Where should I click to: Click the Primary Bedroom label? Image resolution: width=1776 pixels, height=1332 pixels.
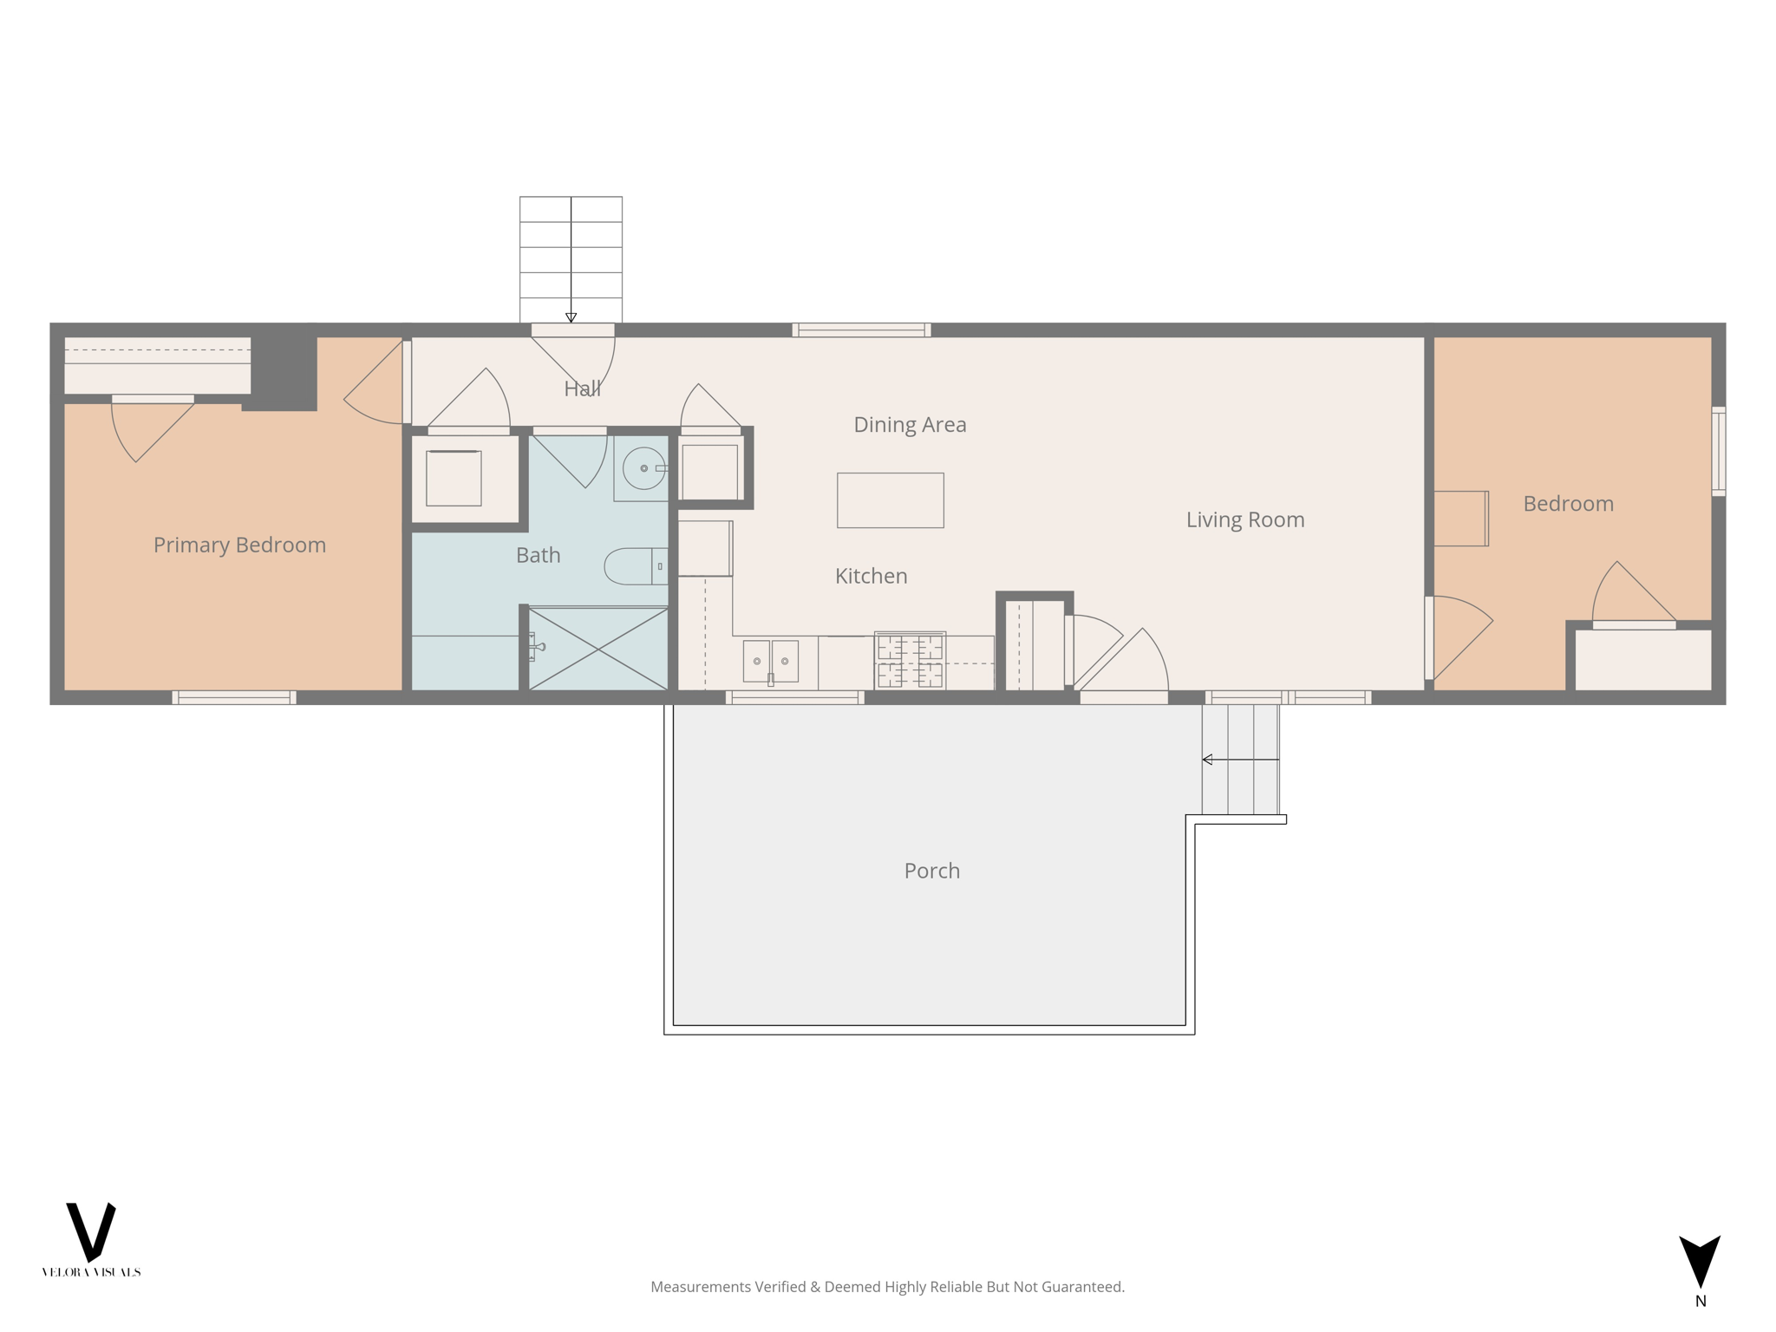(x=239, y=545)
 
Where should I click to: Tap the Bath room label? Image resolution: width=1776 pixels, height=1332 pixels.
(x=538, y=555)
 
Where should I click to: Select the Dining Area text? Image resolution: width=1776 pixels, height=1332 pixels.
(x=910, y=424)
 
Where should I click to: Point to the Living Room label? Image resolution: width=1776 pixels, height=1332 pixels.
(x=1244, y=519)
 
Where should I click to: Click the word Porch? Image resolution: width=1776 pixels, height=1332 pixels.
(x=931, y=871)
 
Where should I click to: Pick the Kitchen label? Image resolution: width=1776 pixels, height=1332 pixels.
(x=871, y=576)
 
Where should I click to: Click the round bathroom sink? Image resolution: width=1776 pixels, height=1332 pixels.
(x=643, y=468)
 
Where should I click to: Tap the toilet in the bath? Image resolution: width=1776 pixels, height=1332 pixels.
(x=633, y=566)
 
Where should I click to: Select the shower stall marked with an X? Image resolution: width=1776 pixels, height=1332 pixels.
(x=598, y=649)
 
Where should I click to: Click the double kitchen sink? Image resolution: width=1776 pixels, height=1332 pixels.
(x=770, y=661)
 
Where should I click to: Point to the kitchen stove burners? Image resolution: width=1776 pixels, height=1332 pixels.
(x=910, y=661)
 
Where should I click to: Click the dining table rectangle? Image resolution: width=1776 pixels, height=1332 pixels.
(x=890, y=500)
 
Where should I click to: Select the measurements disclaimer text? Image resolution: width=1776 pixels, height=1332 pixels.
(x=887, y=1287)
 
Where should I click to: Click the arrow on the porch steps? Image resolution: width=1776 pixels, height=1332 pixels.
(x=1240, y=760)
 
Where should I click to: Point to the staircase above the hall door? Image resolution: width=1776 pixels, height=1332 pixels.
(x=571, y=258)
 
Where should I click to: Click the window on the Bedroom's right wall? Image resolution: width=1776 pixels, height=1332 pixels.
(x=1718, y=451)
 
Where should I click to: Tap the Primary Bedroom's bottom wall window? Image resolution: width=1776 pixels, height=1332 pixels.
(x=234, y=697)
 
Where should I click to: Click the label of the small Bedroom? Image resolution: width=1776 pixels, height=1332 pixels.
(x=1568, y=504)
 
